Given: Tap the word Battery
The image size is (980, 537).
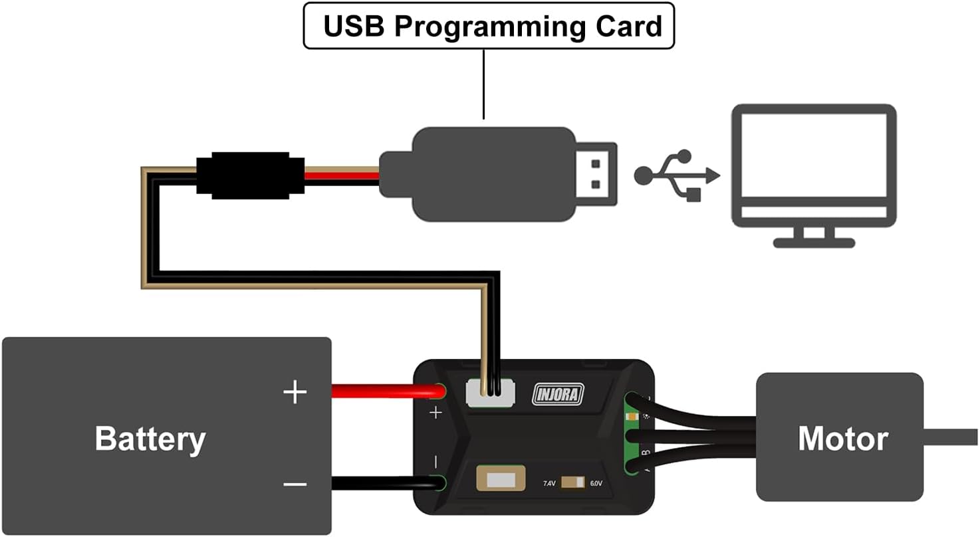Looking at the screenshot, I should [150, 439].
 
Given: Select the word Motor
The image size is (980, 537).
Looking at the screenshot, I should [842, 439].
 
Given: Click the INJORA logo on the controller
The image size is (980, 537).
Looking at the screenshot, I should [558, 394].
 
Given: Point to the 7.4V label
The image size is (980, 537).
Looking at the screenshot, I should [549, 483].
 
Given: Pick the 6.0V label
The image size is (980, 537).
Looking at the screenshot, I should [596, 483].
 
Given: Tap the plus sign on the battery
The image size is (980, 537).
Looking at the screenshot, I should [295, 392].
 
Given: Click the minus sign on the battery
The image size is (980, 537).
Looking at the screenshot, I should [295, 484].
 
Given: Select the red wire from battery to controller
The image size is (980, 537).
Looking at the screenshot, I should [386, 391].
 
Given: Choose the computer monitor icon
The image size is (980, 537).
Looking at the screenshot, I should [814, 175].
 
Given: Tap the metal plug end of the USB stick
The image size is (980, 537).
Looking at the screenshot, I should [596, 174].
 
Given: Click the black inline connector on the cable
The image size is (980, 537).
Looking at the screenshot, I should [250, 175].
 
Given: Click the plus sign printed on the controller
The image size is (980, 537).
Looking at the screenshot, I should [435, 413].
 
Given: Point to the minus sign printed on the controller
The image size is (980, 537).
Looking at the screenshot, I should [435, 461].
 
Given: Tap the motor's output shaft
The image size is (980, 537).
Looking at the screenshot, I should [951, 437].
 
